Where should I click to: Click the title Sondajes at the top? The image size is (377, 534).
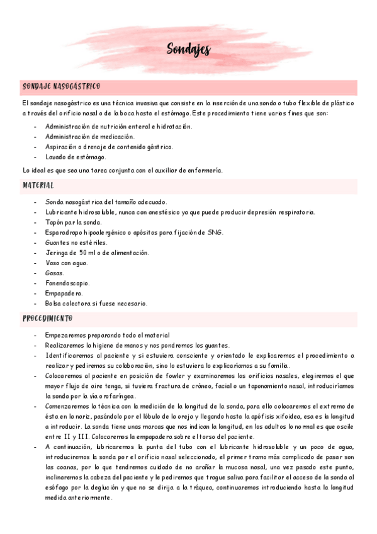click(x=189, y=50)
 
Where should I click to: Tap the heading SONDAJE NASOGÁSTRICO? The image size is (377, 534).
click(x=62, y=86)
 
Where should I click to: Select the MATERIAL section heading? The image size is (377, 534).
click(x=38, y=186)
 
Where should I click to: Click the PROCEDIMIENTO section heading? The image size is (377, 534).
click(x=48, y=319)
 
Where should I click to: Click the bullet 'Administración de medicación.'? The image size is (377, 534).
click(x=89, y=137)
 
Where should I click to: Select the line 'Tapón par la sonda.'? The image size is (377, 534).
click(x=73, y=222)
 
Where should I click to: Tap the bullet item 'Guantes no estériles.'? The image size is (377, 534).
click(x=77, y=242)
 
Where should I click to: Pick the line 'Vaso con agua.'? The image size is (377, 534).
click(x=67, y=263)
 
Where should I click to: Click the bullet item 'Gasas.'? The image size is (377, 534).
click(x=55, y=273)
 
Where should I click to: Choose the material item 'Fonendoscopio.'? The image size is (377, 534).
click(x=67, y=283)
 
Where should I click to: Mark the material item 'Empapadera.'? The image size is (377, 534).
click(x=64, y=293)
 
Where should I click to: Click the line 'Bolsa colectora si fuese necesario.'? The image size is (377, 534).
click(x=96, y=303)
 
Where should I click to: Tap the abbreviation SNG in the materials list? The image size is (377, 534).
click(x=215, y=232)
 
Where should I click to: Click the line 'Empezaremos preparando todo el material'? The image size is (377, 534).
click(x=107, y=336)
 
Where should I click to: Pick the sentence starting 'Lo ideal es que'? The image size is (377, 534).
click(x=122, y=170)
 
